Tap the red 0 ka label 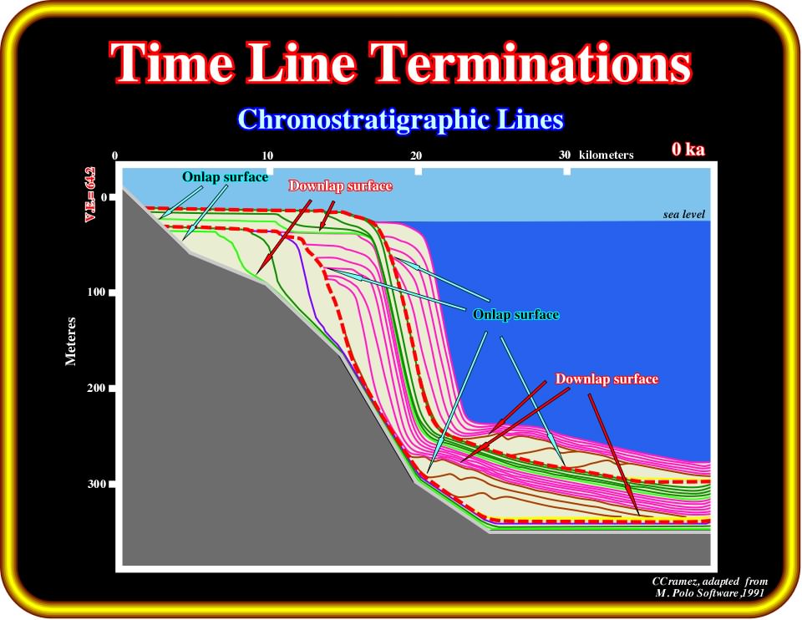pos(688,149)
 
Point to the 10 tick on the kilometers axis pos(267,155)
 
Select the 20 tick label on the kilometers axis pos(416,155)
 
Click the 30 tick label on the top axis pos(564,155)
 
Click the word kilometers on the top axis pos(607,155)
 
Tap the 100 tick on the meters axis pos(96,292)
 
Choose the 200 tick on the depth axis pos(96,388)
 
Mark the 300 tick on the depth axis pos(96,484)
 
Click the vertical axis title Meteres pos(70,341)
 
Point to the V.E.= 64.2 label pos(91,194)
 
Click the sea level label pos(684,215)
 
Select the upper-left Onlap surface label pos(225,177)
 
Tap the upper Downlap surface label pos(341,185)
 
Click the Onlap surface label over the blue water pos(515,314)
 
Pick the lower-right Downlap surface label pos(607,379)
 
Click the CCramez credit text pos(710,581)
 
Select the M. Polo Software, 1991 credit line pos(710,593)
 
